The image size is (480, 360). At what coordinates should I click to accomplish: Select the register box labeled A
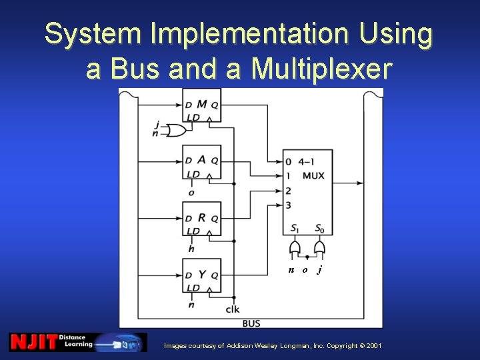[x=201, y=163]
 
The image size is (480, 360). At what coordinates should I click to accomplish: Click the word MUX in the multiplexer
[x=313, y=176]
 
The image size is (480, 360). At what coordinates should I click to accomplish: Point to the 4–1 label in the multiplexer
[x=307, y=161]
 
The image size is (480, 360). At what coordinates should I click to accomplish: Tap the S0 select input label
[x=319, y=229]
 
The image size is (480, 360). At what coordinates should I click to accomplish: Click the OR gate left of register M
[x=177, y=130]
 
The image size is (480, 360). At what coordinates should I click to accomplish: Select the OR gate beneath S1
[x=294, y=249]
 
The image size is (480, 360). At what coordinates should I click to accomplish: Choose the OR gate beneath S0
[x=319, y=249]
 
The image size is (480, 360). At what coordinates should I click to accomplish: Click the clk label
[x=233, y=309]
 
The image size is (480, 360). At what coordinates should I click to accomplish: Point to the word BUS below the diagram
[x=251, y=323]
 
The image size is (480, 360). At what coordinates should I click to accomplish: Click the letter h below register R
[x=192, y=249]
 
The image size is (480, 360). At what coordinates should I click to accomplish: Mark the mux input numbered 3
[x=288, y=205]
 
